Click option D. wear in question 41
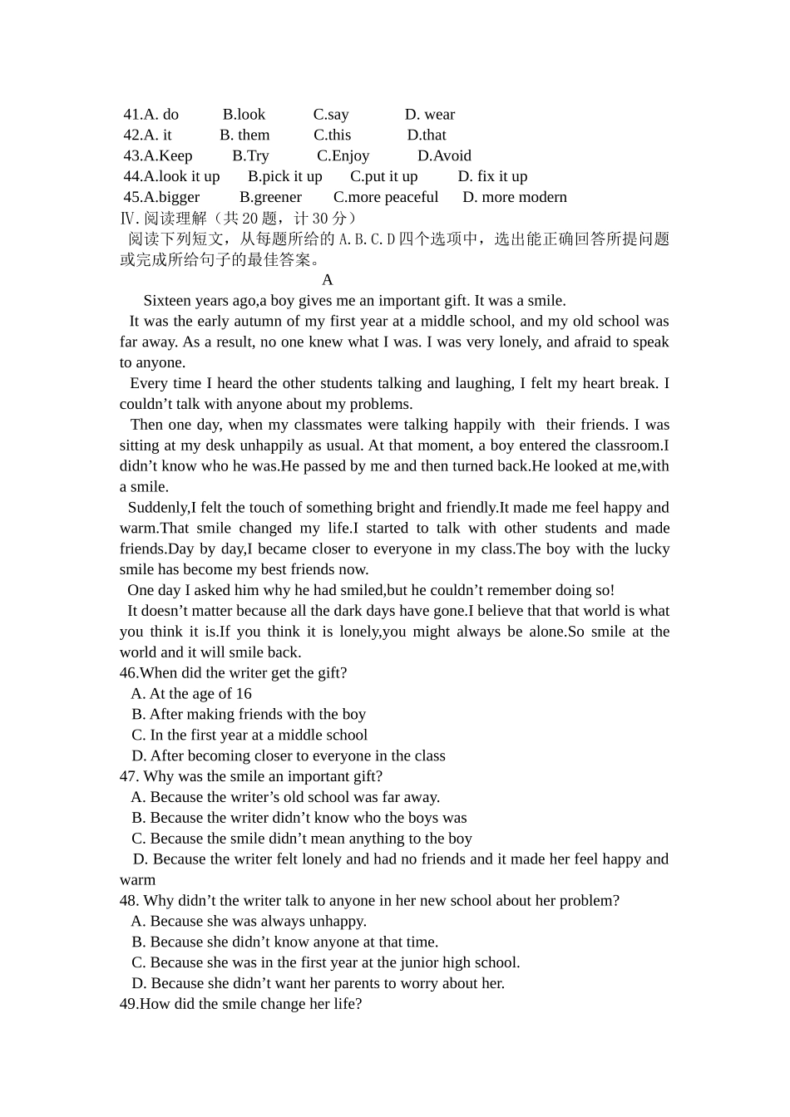click(429, 115)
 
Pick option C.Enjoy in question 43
click(343, 156)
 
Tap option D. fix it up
click(492, 177)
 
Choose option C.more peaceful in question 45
click(385, 198)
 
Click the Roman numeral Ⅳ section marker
click(126, 219)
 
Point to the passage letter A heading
click(327, 280)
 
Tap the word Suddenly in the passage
click(157, 508)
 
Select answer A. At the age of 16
click(191, 694)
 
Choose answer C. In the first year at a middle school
click(249, 736)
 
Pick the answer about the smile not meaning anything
click(301, 839)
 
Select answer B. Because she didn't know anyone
click(284, 942)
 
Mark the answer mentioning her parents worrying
click(318, 984)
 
